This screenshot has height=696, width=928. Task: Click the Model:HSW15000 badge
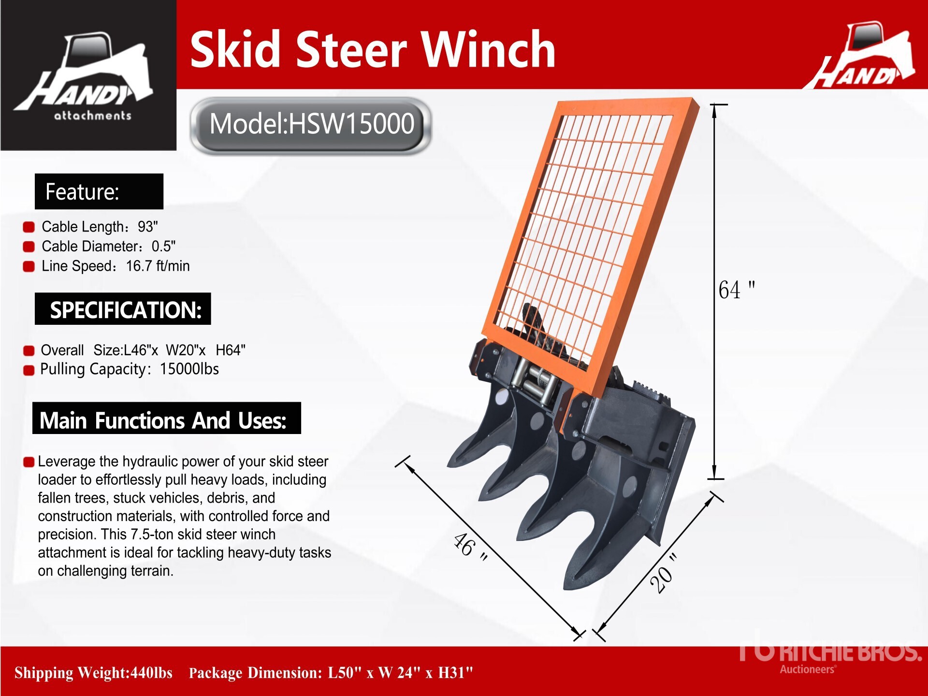point(311,125)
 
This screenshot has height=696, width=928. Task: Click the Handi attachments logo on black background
point(88,76)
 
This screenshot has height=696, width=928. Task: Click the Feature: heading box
point(99,191)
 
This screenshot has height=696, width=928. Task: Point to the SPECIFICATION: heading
point(123,309)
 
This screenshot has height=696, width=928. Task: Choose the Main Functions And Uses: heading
point(167,418)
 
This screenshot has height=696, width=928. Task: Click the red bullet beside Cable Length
point(29,227)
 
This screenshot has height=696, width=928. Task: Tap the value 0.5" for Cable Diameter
point(163,246)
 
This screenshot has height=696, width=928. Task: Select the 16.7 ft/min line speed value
point(158,266)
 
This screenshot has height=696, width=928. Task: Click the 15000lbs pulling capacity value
point(189,369)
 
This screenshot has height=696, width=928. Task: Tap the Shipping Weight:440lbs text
point(93,672)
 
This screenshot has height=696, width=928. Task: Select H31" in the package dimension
point(455,672)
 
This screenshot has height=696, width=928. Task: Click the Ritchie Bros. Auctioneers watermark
point(830,655)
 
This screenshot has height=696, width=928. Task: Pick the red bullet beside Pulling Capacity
point(29,370)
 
